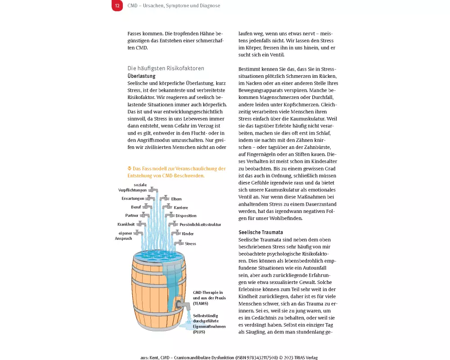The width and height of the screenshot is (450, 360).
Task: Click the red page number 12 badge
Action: click(117, 6)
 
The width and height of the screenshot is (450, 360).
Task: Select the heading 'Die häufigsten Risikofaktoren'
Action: click(166, 68)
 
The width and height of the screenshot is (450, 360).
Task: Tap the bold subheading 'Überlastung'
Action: click(141, 76)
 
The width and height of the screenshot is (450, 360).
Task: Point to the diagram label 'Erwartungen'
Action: click(133, 198)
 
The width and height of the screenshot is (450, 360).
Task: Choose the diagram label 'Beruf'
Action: click(136, 207)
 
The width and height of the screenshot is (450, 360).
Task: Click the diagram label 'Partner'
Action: click(132, 216)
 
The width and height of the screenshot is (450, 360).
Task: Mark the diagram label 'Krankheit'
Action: click(126, 224)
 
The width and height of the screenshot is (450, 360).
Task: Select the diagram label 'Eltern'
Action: click(176, 198)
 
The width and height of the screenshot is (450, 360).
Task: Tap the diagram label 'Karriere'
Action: click(181, 207)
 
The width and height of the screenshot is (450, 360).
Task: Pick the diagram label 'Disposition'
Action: click(186, 216)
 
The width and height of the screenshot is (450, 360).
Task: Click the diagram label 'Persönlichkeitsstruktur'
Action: click(200, 225)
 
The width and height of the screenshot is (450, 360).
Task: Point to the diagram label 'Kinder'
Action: click(188, 234)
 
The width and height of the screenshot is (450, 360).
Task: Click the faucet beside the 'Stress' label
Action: click(179, 243)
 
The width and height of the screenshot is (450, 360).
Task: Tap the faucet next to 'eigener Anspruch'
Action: click(139, 233)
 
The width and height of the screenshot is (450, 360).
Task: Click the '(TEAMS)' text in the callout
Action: click(200, 304)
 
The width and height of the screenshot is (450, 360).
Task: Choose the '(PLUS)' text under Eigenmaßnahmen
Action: click(199, 332)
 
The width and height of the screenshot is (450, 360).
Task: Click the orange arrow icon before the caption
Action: click(130, 169)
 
